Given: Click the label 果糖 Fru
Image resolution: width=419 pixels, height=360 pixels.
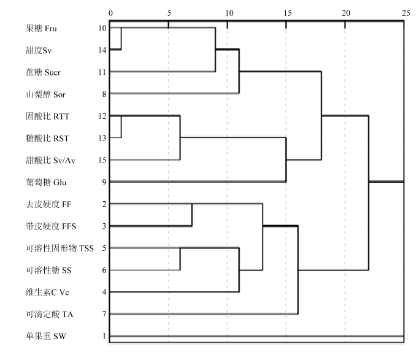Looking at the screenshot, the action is (x=41, y=28).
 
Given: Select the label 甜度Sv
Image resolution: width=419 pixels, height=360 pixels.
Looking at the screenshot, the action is (x=39, y=50).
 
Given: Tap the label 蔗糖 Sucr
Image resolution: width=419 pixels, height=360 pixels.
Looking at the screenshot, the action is (x=43, y=72).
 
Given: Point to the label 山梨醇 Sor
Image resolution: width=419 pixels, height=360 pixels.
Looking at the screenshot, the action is (x=45, y=94).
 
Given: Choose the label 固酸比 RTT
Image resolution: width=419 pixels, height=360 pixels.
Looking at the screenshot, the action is (x=48, y=117).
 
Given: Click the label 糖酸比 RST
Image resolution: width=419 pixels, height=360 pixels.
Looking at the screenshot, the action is (x=48, y=139).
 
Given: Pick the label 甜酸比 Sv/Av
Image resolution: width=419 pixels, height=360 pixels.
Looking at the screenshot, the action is (x=50, y=160).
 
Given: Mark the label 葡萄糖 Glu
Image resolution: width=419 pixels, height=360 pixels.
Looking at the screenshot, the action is (x=46, y=182).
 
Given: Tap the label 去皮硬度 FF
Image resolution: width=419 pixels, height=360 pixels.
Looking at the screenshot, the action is (x=48, y=204).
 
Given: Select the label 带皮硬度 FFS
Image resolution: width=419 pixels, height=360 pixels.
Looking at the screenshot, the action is (x=51, y=226).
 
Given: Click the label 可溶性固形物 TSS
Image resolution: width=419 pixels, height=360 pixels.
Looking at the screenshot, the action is (x=60, y=248).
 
